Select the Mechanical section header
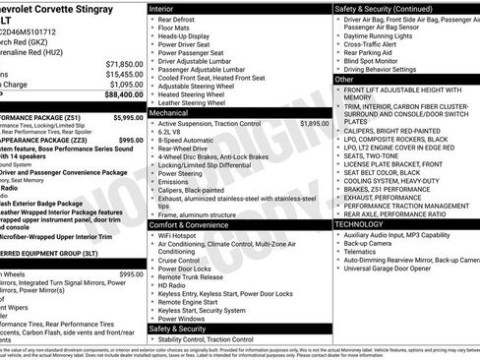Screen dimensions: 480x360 point(170,113)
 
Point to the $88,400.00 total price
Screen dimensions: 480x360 point(122,95)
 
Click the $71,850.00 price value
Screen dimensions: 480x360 point(124,63)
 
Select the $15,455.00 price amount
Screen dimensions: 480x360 point(124,74)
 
